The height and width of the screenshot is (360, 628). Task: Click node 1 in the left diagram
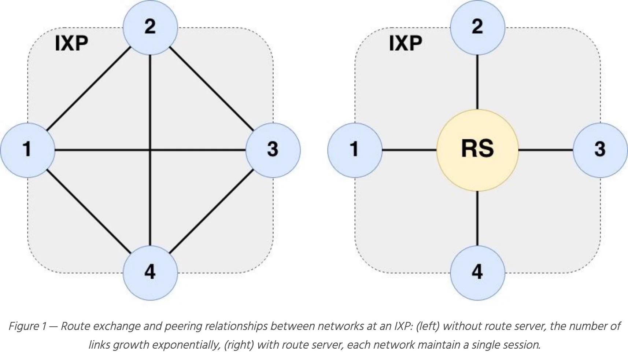click(x=27, y=150)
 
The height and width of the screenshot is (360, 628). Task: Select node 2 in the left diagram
click(x=150, y=27)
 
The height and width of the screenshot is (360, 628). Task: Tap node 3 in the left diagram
click(x=273, y=150)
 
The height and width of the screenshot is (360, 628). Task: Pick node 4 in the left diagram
click(x=150, y=273)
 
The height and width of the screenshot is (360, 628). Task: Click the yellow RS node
click(x=477, y=150)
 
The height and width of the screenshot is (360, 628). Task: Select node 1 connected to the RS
click(x=355, y=150)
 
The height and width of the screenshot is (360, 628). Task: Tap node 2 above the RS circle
click(x=477, y=27)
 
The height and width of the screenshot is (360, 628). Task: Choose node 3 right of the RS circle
click(x=600, y=150)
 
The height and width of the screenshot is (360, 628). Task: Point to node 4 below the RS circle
click(x=477, y=273)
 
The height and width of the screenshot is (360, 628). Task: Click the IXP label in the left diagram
click(x=71, y=44)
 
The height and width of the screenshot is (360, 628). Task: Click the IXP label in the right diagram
click(x=405, y=44)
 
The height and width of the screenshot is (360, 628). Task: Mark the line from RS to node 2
click(x=477, y=82)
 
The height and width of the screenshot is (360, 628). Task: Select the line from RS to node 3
click(x=546, y=150)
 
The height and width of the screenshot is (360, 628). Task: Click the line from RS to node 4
click(x=477, y=218)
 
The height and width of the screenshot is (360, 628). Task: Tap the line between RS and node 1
click(x=409, y=150)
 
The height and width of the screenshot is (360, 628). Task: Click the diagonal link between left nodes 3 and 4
click(x=212, y=211)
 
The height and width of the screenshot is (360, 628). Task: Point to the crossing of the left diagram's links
click(x=150, y=150)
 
